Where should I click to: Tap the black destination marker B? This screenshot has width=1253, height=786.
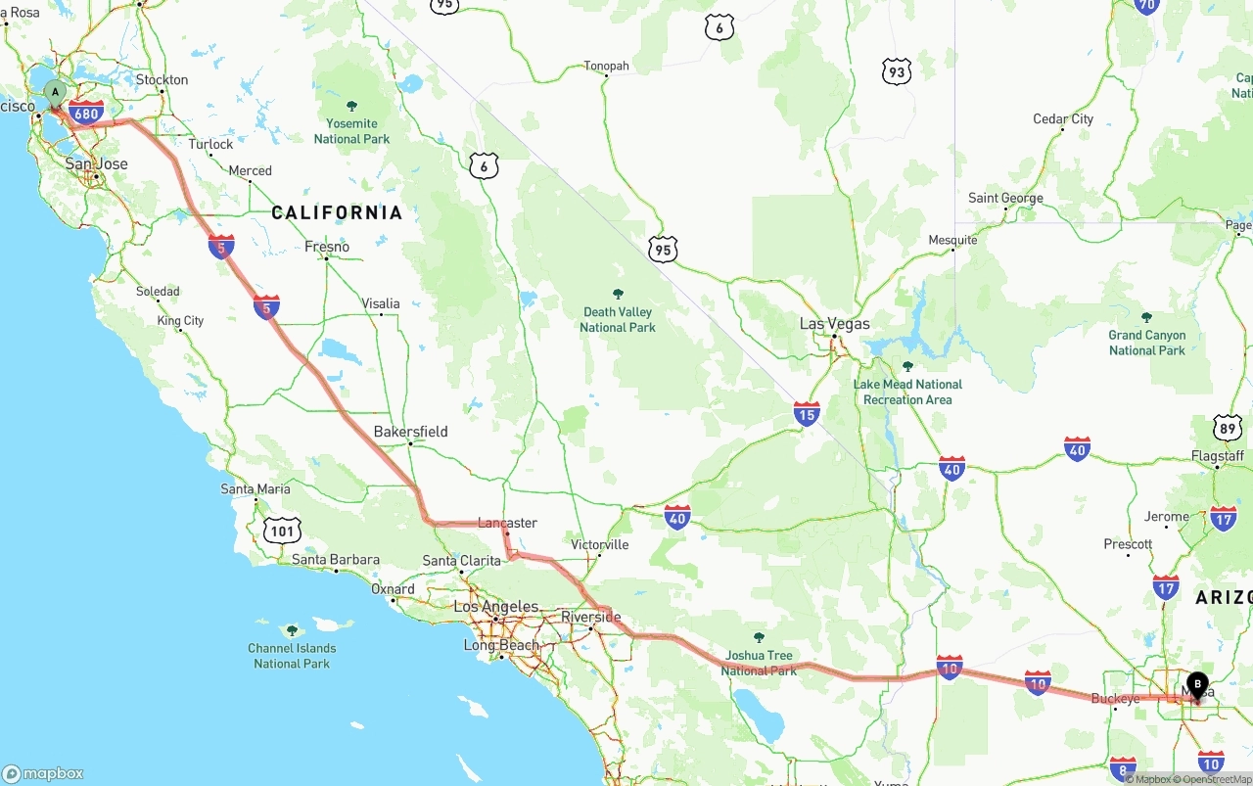[x=1196, y=684]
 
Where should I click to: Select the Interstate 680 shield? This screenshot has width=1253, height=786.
[x=86, y=113]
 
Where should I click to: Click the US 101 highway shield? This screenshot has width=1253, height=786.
[x=282, y=531]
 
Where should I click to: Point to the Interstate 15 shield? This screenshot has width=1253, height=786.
[x=807, y=414]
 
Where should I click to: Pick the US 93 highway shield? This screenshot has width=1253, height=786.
[x=896, y=71]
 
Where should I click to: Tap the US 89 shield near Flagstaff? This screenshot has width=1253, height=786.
[x=1227, y=428]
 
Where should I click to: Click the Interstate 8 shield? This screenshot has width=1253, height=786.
[x=1123, y=768]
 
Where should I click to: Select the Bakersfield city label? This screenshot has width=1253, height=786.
[x=410, y=432]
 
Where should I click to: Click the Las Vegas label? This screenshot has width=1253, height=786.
[x=834, y=324]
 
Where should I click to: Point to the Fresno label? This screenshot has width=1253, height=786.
[x=327, y=247]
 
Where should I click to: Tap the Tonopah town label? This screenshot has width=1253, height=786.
[x=606, y=67]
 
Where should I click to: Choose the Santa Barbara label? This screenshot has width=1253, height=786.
[x=335, y=560]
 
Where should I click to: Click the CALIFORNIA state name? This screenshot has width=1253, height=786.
[x=337, y=212]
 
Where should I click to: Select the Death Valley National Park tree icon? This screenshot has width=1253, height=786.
[x=618, y=294]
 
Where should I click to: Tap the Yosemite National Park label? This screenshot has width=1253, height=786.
[x=351, y=131]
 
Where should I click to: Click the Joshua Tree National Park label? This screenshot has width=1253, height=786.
[x=759, y=663]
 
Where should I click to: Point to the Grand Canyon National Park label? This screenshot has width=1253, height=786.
[x=1147, y=343]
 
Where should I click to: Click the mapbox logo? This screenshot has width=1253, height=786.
[x=43, y=773]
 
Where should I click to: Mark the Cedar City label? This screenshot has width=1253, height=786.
[x=1063, y=119]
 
